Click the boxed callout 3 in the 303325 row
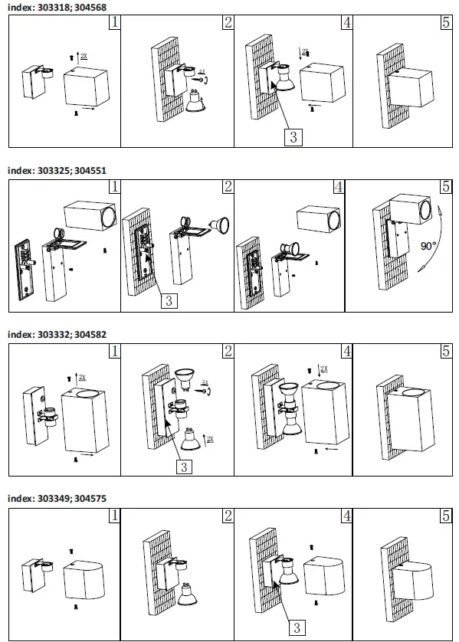tap(169, 300)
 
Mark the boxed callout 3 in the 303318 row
tap(293, 137)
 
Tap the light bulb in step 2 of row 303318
tap(198, 103)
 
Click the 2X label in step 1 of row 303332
tap(82, 378)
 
